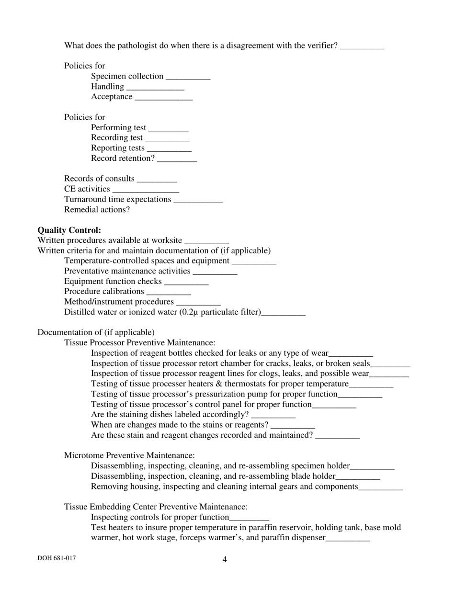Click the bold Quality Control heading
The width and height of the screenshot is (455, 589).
point(69,230)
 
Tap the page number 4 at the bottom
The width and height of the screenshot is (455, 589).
point(225,559)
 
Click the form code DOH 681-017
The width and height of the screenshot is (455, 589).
point(57,558)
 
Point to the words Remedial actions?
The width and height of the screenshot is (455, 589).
point(97,210)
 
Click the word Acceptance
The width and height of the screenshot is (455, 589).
point(112,97)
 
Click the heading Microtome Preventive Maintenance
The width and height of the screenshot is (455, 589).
point(129,455)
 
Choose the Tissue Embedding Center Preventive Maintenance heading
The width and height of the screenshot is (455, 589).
point(156,507)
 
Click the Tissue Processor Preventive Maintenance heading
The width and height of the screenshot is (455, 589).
point(139,343)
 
